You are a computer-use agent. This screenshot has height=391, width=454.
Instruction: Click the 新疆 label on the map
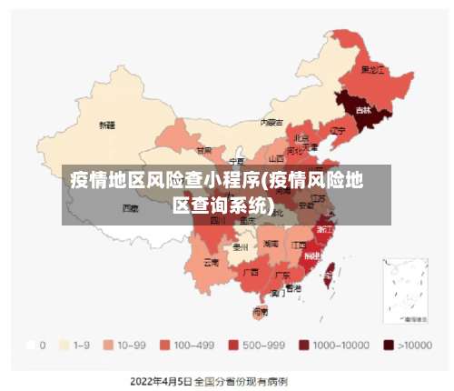pyautogui.click(x=107, y=125)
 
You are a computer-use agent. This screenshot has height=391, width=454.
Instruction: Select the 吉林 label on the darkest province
pyautogui.click(x=363, y=110)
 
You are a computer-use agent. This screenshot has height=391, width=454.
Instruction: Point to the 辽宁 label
pyautogui.click(x=338, y=130)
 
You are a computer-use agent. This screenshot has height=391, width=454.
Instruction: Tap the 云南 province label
pyautogui.click(x=211, y=262)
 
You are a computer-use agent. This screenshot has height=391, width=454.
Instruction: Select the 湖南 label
pyautogui.click(x=271, y=244)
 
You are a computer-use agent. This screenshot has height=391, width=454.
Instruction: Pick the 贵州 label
pyautogui.click(x=241, y=246)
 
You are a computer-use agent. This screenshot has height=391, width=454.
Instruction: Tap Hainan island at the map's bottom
pyautogui.click(x=260, y=311)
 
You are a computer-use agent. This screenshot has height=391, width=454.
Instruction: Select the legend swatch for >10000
pyautogui.click(x=388, y=346)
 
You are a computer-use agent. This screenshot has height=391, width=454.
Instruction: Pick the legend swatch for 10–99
pyautogui.click(x=108, y=346)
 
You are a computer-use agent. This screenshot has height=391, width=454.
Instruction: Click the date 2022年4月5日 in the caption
pyautogui.click(x=161, y=380)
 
